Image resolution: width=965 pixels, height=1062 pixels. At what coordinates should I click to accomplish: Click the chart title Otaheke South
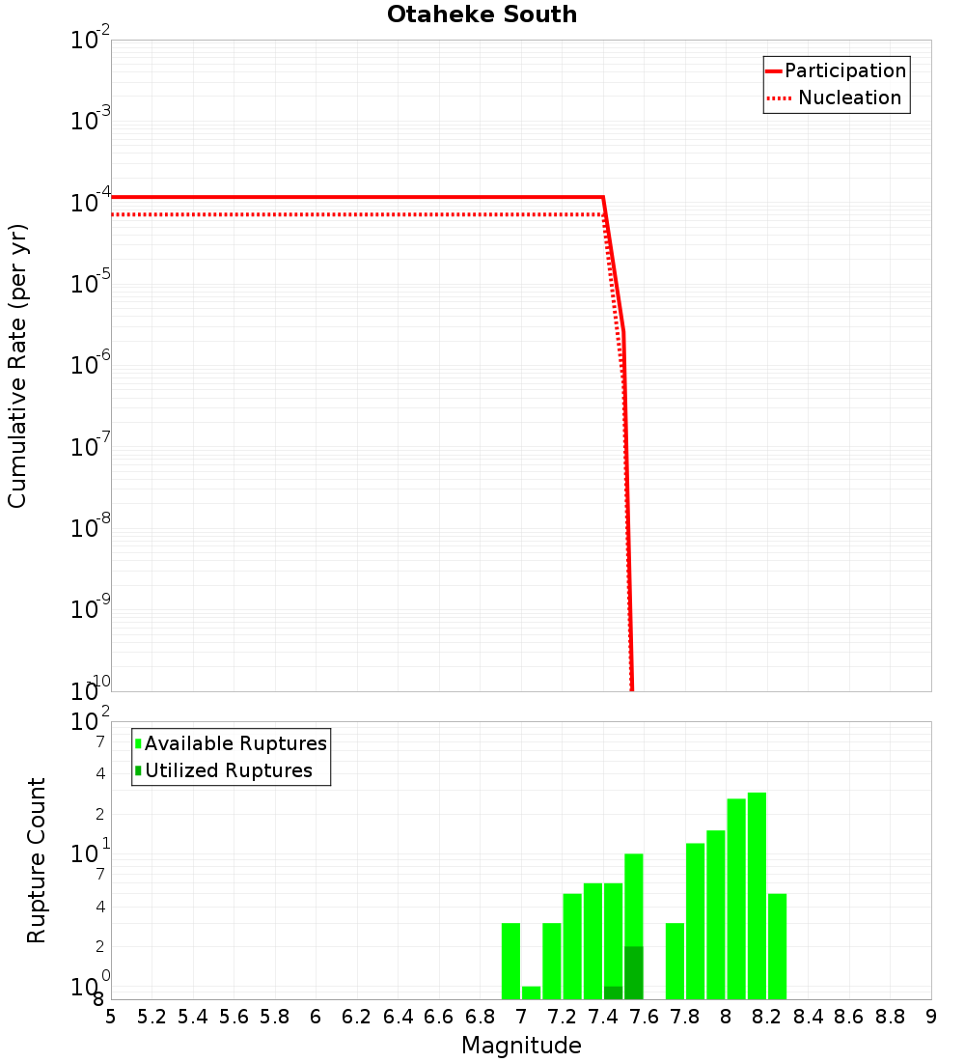[482, 14]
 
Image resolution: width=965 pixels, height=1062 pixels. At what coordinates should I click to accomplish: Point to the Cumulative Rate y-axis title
[17, 366]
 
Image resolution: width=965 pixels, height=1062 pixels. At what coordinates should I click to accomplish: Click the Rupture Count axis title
[37, 859]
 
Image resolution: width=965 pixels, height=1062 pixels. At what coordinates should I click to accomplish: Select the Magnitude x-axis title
[521, 1046]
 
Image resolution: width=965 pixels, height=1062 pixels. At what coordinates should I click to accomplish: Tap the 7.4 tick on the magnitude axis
[603, 1017]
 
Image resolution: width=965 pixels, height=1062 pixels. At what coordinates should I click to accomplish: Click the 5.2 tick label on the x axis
[152, 1017]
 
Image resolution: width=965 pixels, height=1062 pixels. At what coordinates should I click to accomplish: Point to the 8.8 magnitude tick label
[890, 1017]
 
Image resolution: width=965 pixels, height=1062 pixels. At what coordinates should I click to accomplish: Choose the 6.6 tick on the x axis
[439, 1017]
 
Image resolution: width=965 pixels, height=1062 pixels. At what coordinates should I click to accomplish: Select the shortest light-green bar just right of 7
[531, 992]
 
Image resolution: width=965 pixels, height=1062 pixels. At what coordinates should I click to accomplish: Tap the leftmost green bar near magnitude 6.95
[510, 961]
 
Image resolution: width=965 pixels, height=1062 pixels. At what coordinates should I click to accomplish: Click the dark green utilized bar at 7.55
[633, 972]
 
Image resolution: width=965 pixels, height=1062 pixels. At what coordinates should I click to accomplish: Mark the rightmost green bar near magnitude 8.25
[777, 946]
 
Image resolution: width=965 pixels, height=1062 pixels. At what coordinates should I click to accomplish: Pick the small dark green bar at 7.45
[613, 992]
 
